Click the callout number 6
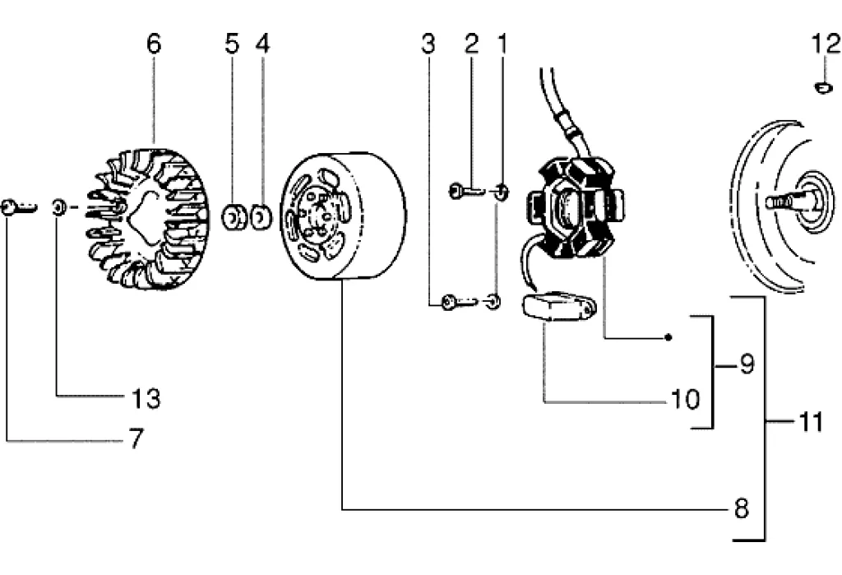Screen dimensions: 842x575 point(154,44)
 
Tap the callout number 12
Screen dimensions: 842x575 point(825,44)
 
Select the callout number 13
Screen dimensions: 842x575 point(146,399)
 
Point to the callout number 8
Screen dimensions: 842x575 point(742,508)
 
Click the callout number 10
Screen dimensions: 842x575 point(686,399)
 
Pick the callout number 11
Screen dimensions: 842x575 point(811,421)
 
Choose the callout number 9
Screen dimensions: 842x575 point(747,364)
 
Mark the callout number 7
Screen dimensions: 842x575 point(137,438)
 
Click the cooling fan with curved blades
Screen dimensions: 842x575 point(148,219)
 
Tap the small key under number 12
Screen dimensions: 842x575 point(824,87)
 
